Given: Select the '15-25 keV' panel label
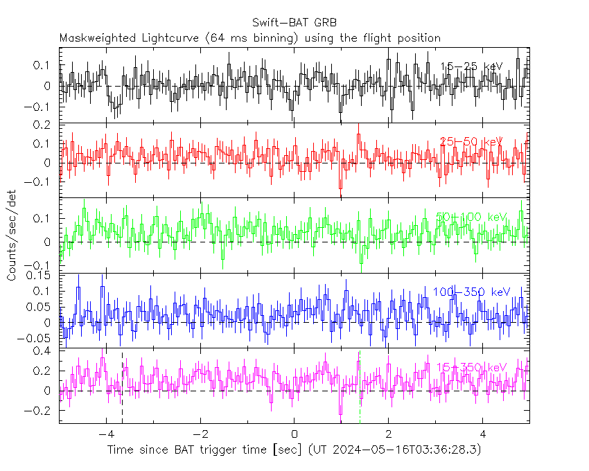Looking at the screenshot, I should coord(471,66).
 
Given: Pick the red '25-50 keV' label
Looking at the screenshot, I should coord(471,142).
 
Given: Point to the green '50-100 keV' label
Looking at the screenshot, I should coord(471,217).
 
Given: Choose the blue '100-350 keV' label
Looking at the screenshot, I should coord(471,292).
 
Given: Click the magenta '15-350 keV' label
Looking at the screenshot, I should coord(471,366).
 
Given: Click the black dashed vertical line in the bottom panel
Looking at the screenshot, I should coord(123,388).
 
